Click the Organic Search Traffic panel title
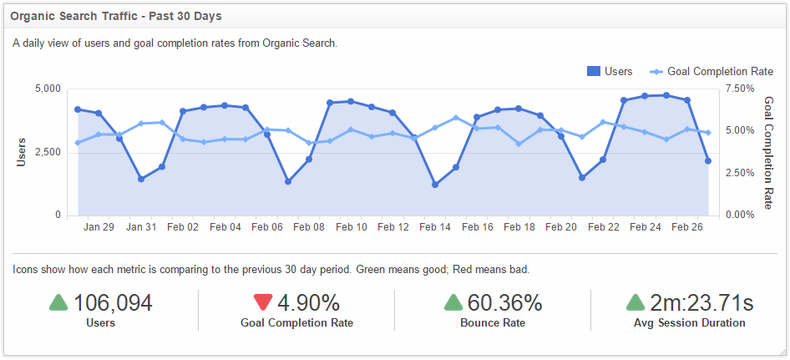coord(116,16)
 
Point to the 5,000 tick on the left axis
coord(47,88)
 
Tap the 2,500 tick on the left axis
coord(47,151)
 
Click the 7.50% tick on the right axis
coord(741,88)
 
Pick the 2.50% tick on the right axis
coord(741,173)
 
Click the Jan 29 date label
coord(99,227)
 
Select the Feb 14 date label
coord(435,227)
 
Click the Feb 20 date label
coord(561,227)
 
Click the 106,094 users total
coord(113,302)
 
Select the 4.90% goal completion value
coord(308,302)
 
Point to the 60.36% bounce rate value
coord(504,302)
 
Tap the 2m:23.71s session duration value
coord(701,302)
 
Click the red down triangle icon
coord(263,302)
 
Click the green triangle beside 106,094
coord(58,302)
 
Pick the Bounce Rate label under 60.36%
coord(493,322)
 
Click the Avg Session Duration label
coord(689,322)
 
